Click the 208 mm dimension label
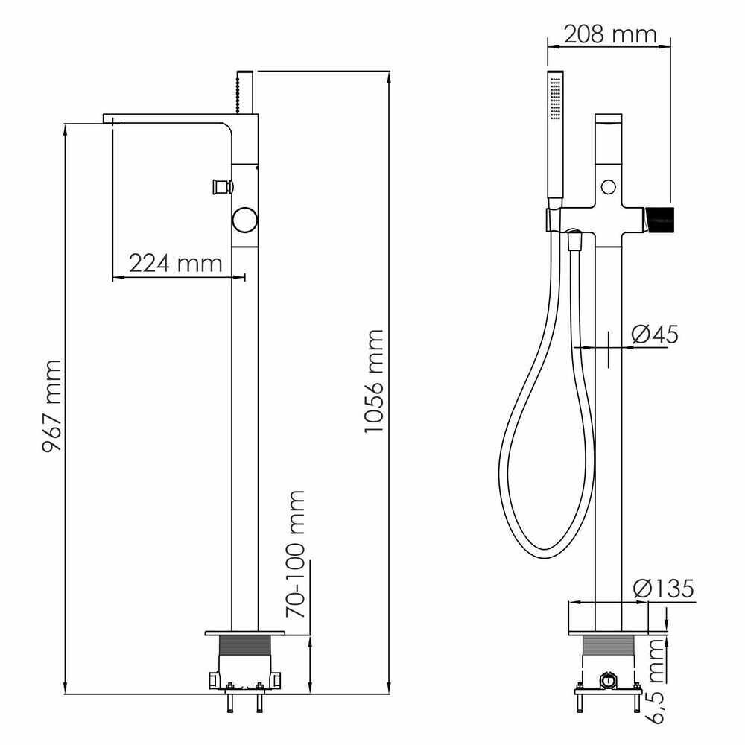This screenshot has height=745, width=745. tap(610, 34)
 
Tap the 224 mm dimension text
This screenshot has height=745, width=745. tap(176, 263)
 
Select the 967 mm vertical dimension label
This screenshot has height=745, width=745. tap(51, 406)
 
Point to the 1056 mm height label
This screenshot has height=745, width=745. tap(373, 381)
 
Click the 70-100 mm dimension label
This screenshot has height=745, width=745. tap(295, 554)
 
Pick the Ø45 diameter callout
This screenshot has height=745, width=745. tap(655, 335)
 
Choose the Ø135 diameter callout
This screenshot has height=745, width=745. tap(663, 589)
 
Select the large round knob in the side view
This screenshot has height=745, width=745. tap(244, 221)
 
